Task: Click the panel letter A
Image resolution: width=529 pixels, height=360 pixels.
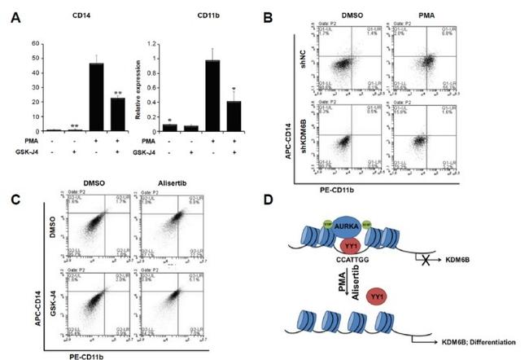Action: pyautogui.click(x=11, y=15)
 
